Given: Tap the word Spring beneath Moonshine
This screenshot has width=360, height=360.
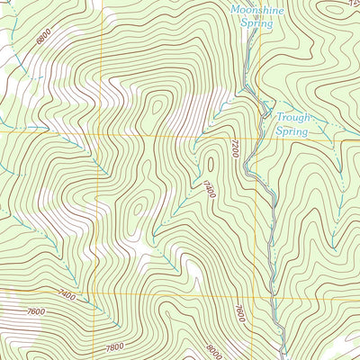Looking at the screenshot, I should point(256,23).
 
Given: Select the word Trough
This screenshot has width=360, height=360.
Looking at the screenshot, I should point(292,117).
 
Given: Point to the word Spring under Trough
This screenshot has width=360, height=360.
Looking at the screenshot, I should point(292,131).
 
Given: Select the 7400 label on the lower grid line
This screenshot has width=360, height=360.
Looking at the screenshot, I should point(65,294).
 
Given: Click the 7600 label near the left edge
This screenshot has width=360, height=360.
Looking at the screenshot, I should point(36,312).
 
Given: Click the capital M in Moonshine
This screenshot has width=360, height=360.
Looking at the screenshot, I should point(234,10).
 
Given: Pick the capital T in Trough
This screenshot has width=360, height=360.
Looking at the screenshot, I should point(279,117).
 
